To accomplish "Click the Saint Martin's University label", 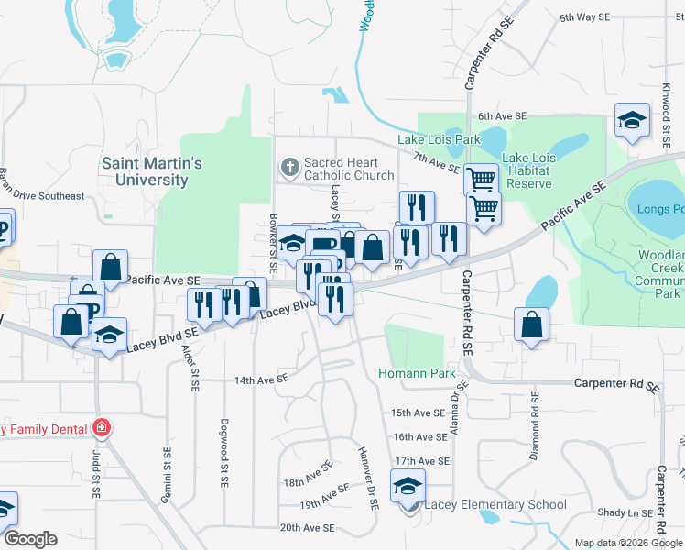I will (151, 171).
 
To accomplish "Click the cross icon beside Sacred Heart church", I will (289, 168).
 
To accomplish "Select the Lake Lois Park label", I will (439, 139).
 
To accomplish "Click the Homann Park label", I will (417, 374).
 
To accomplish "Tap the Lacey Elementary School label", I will (489, 504).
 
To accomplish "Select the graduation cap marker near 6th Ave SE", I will (631, 119).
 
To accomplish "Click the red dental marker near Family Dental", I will (102, 428).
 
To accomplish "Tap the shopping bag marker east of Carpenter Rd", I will (531, 324).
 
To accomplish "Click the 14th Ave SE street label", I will (261, 378).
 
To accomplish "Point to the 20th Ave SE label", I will (307, 528).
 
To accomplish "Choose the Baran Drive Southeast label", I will (41, 196).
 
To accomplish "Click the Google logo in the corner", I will (30, 539).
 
